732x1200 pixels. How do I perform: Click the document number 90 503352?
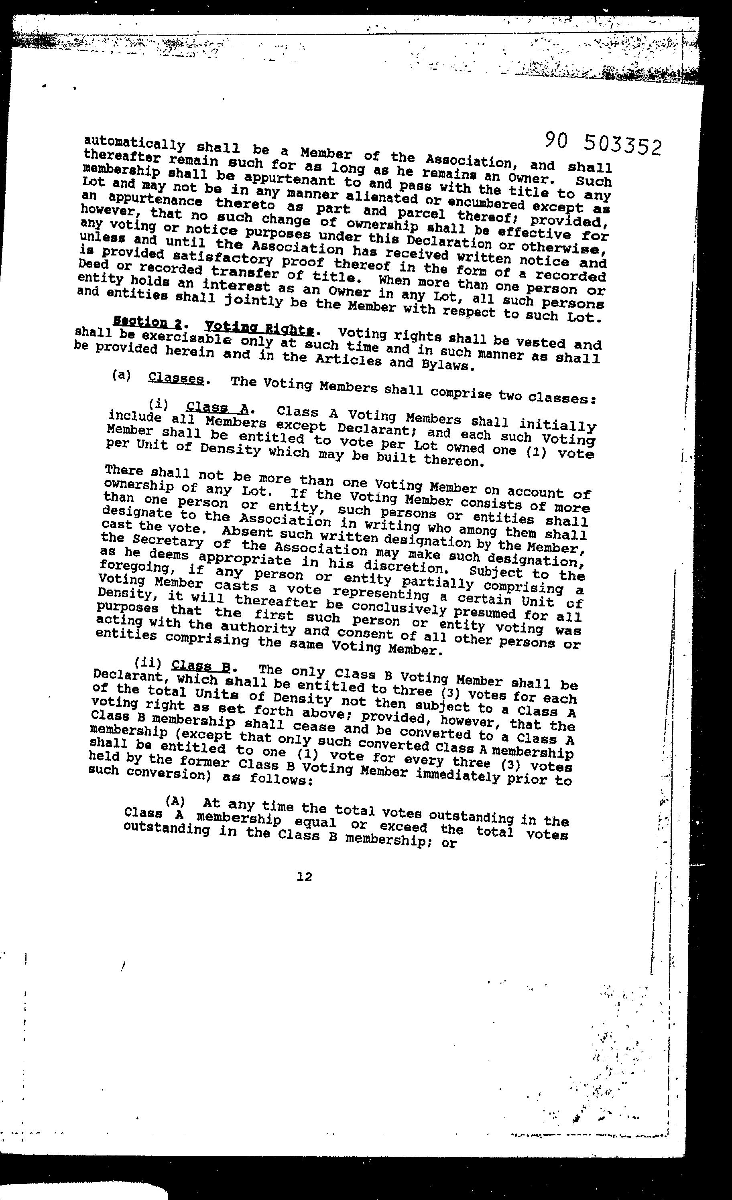(603, 144)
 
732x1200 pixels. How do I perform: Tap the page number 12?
(304, 877)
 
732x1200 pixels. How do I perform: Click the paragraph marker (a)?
(121, 375)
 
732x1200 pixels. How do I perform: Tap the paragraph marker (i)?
(159, 404)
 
